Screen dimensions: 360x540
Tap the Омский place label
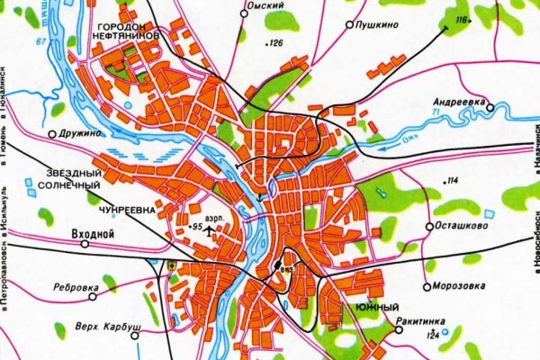click(x=267, y=5)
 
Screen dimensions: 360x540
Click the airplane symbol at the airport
click(x=211, y=231)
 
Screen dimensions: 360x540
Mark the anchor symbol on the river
click(x=262, y=197)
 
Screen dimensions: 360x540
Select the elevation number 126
click(x=274, y=43)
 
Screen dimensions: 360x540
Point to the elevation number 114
click(x=452, y=182)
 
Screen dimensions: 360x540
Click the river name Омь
click(x=412, y=138)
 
